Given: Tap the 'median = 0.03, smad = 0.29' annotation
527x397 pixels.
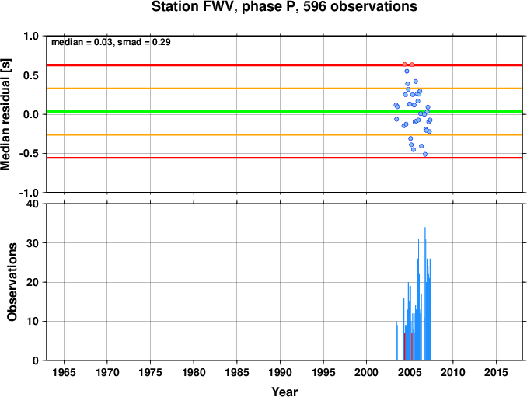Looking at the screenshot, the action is click(111, 42).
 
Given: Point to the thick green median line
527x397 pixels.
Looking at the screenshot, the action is click(284, 112).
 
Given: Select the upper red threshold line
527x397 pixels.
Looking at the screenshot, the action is click(284, 65).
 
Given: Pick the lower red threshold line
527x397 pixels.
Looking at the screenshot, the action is click(284, 158).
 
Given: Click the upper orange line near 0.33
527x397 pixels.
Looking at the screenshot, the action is click(284, 89).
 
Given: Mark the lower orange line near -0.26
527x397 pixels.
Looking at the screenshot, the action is click(284, 134).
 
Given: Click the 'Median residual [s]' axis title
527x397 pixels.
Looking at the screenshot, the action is click(5, 114).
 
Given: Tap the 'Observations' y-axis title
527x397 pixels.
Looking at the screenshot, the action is click(12, 282).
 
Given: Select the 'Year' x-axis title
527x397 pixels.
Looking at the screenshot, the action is click(284, 392).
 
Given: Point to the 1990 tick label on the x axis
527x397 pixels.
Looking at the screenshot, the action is click(280, 372).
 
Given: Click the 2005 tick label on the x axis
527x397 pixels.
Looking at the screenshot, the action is click(410, 372).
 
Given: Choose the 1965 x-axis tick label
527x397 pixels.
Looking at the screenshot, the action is click(64, 372).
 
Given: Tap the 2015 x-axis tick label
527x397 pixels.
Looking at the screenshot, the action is click(496, 372).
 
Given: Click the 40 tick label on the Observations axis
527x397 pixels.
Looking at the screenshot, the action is click(33, 204).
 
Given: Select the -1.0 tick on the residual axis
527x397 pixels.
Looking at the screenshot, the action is click(30, 193).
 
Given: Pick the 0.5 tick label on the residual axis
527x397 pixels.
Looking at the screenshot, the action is click(31, 75).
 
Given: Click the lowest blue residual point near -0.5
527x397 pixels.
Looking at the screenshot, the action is click(425, 154).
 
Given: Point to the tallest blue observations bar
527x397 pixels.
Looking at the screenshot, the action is click(425, 294).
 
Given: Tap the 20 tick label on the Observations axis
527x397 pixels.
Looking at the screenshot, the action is click(33, 282).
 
